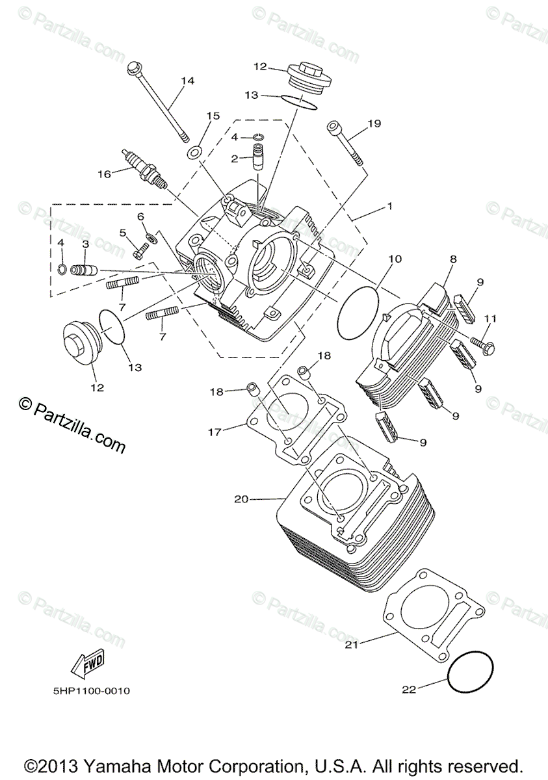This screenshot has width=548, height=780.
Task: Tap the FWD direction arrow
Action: (x=86, y=664)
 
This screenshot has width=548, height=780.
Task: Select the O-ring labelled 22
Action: (x=470, y=673)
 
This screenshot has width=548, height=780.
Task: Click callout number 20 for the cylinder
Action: (x=241, y=499)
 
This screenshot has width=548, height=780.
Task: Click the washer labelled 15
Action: (x=194, y=153)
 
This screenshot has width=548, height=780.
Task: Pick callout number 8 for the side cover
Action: (x=453, y=259)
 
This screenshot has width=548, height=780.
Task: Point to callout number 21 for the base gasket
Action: (x=352, y=644)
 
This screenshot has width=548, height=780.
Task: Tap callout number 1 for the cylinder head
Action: (x=389, y=206)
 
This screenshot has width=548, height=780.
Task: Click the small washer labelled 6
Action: (x=151, y=237)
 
